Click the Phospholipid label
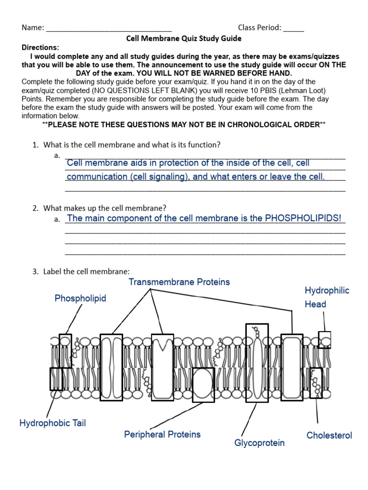80,299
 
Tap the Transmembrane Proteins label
179,282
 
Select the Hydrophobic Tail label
53,423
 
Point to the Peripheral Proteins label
162,434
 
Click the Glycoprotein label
259,443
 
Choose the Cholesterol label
329,435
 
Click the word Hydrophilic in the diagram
327,290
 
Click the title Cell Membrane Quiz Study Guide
184,38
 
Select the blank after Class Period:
293,28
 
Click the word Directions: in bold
41,47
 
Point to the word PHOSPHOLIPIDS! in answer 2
303,218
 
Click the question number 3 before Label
35,271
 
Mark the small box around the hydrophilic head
324,339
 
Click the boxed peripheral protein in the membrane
203,384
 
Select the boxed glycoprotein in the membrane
257,363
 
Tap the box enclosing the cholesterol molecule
316,383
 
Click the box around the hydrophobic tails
56,379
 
